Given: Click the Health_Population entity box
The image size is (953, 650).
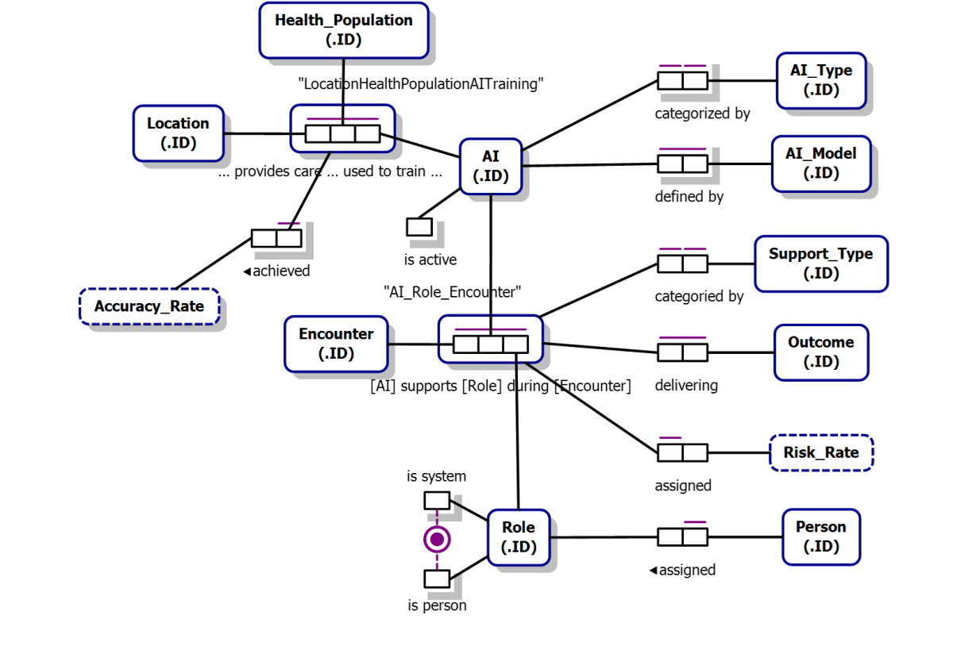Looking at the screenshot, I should tap(343, 30).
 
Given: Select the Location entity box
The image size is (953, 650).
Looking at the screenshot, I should tap(178, 133).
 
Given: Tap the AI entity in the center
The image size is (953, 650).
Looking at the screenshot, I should tap(491, 167).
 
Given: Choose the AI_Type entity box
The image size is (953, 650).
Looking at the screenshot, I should tap(820, 80).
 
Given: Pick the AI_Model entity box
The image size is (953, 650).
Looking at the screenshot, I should tap(820, 163).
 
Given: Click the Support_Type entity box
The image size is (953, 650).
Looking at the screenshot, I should tap(820, 263).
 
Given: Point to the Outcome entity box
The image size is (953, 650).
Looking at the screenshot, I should tap(820, 352).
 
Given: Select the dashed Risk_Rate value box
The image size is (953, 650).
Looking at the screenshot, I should tap(820, 452).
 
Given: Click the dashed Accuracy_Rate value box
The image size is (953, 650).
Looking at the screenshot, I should tap(149, 306).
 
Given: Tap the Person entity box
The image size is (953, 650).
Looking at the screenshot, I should tap(820, 537).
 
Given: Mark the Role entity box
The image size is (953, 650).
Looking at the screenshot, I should tap(518, 537).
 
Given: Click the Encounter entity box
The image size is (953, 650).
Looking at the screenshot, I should tap(336, 344).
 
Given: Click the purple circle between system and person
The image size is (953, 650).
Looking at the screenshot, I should tap(436, 540).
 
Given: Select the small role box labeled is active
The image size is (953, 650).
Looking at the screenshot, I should tap(419, 227).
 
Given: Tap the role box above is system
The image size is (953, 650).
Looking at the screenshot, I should tap(436, 500).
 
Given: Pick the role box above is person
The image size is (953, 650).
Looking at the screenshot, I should tap(436, 579).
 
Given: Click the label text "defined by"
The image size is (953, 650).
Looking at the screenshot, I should tap(689, 196).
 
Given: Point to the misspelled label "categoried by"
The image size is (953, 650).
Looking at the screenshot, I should tap(698, 297).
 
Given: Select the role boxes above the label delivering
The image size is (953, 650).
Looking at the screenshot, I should tap(682, 352).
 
